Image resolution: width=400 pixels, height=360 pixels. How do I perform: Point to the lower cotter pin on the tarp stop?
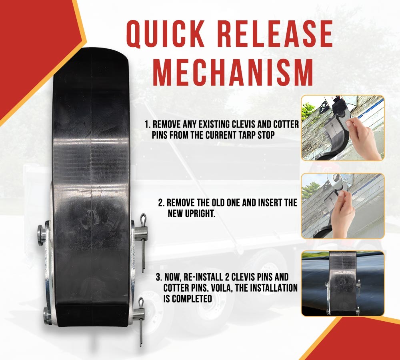(140, 320)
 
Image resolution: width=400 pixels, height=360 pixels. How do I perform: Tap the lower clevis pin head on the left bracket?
(47, 314)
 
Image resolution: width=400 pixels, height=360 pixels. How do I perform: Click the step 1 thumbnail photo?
(342, 128)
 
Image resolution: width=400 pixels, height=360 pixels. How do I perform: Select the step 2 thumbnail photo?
(342, 206)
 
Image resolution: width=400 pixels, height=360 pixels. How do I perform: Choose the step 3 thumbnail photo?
(342, 283)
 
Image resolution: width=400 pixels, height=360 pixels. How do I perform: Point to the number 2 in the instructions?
(160, 203)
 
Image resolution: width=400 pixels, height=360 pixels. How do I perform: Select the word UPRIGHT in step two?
(198, 214)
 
